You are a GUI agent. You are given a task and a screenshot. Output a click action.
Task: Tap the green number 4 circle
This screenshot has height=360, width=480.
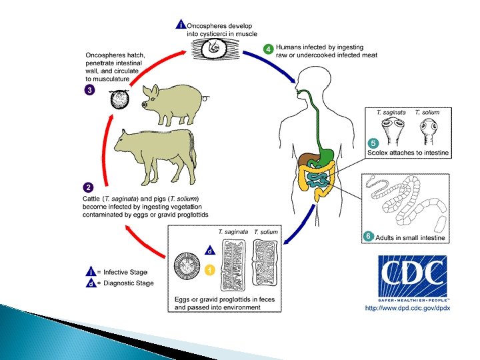[268, 49]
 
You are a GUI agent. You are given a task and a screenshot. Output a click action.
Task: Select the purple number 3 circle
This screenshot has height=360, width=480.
[89, 89]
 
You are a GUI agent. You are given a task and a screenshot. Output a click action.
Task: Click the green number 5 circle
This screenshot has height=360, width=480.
[373, 143]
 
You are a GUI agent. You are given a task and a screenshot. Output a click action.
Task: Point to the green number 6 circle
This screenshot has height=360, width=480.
[367, 236]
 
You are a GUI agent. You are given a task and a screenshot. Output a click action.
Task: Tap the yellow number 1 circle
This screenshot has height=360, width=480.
[209, 269]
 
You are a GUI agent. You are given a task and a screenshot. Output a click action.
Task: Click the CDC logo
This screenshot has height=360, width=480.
[411, 277]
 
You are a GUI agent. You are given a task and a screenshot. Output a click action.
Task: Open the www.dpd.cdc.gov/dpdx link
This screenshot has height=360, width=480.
[407, 308]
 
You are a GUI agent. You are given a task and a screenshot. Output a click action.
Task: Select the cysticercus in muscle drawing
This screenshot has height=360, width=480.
[214, 48]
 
